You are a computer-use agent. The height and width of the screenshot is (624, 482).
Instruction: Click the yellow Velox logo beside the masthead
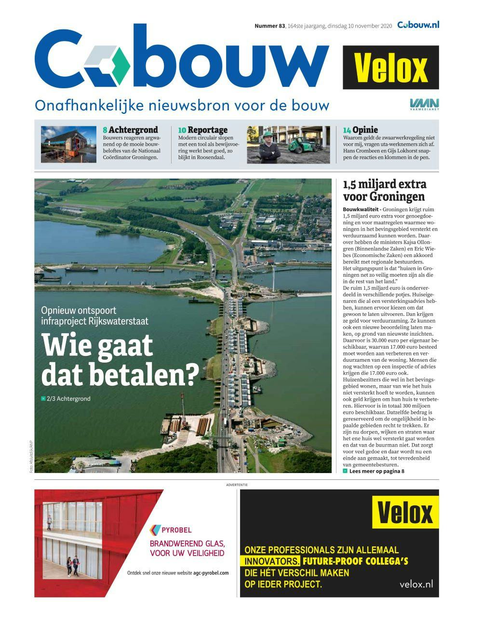pos(391,68)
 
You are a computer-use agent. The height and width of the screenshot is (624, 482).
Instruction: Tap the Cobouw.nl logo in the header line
pos(418,25)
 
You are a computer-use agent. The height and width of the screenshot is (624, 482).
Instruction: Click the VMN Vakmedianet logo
pos(424,104)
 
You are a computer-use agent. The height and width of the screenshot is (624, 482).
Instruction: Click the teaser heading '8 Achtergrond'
pos(130,130)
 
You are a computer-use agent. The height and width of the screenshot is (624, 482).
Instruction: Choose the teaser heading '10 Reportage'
pos(202,130)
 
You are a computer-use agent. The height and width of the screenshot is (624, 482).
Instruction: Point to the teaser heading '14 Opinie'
pos(360,130)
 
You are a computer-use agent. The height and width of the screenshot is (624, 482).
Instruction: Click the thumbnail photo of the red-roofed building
pos(69,144)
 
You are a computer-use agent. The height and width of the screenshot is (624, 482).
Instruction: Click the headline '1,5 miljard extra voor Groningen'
pos(384,190)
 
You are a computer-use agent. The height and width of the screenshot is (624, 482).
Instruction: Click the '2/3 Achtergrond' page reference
pos(68,399)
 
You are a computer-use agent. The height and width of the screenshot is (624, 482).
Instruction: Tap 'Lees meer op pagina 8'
pos(376,471)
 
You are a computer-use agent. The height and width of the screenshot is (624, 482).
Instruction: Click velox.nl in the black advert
pos(416,584)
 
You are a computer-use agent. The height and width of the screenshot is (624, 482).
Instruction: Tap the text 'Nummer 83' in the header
pos(269,26)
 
